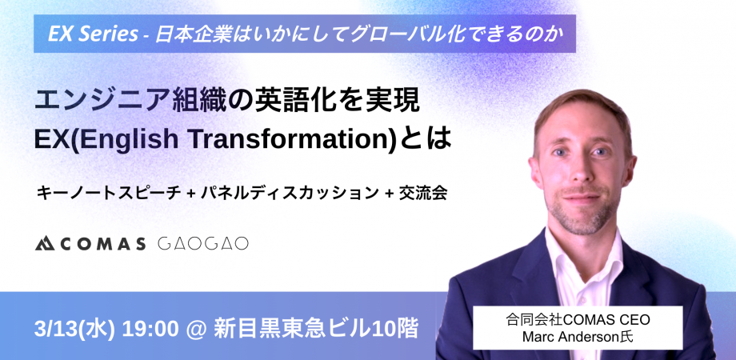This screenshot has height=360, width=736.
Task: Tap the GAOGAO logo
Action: [x=203, y=243]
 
